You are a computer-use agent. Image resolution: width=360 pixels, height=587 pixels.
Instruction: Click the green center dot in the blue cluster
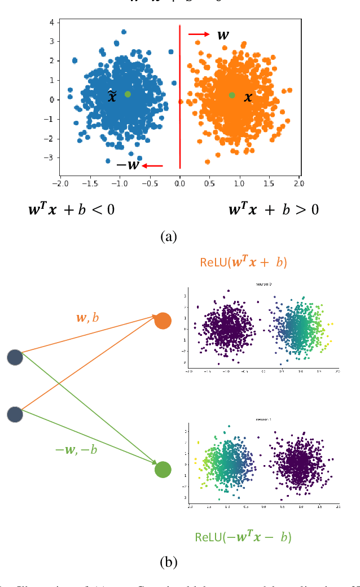click(x=128, y=94)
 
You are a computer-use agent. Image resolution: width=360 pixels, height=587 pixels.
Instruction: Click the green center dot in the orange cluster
click(x=232, y=95)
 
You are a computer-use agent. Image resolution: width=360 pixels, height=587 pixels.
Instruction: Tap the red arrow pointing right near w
click(x=199, y=34)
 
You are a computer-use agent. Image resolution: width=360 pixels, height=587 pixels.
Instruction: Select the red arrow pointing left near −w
click(x=152, y=165)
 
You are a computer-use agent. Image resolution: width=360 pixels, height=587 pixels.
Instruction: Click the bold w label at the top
click(x=223, y=35)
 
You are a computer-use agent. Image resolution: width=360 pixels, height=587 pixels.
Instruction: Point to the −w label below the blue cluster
click(x=128, y=165)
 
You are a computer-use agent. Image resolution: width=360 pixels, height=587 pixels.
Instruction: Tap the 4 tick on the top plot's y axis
click(x=51, y=22)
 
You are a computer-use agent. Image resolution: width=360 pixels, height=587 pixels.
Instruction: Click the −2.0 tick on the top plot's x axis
click(x=60, y=183)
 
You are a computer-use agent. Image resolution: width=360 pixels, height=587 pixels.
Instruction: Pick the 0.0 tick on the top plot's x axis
click(x=179, y=183)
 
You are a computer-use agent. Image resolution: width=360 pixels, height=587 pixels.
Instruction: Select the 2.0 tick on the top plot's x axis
click(x=298, y=183)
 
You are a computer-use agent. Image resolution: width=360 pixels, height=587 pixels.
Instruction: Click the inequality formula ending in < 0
click(x=72, y=210)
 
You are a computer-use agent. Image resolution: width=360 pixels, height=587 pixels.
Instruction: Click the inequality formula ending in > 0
click(x=274, y=210)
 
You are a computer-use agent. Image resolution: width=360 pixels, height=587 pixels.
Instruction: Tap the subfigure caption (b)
click(x=169, y=562)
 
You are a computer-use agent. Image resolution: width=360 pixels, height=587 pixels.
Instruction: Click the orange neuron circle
click(x=163, y=321)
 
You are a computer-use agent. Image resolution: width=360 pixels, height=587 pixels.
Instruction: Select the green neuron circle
click(x=163, y=470)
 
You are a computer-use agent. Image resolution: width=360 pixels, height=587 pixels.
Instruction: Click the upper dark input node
click(x=15, y=357)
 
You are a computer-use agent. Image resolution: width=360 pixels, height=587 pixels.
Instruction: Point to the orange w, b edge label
click(x=87, y=317)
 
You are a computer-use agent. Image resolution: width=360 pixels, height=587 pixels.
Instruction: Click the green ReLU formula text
click(x=243, y=537)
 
